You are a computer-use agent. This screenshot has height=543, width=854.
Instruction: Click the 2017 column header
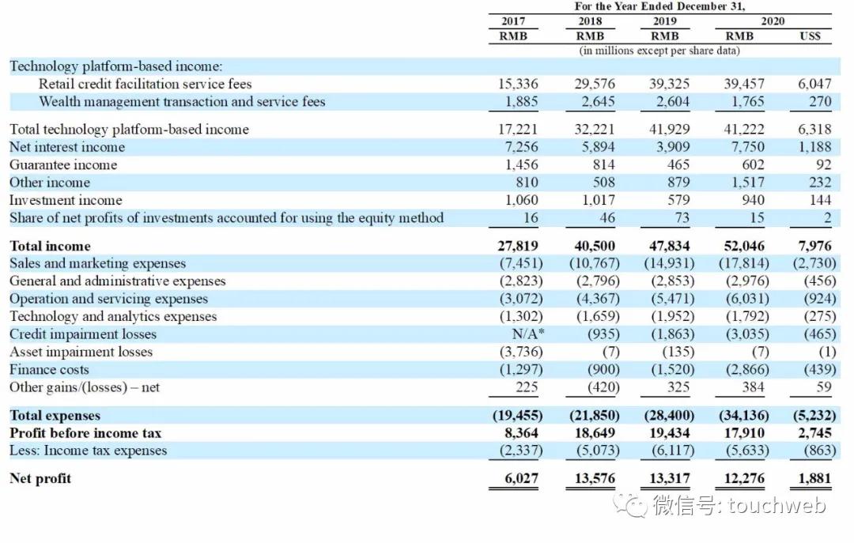pyautogui.click(x=513, y=21)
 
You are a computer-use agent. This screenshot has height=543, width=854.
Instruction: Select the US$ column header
pyautogui.click(x=810, y=36)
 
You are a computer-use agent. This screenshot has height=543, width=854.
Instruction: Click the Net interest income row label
pyautogui.click(x=67, y=147)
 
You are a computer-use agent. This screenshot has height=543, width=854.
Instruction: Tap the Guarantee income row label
pyautogui.click(x=63, y=164)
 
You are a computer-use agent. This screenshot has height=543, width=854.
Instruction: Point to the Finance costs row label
pyautogui.click(x=49, y=369)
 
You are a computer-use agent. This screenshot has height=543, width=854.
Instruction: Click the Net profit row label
pyautogui.click(x=40, y=477)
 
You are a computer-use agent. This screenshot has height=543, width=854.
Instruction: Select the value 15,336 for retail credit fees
pyautogui.click(x=513, y=84)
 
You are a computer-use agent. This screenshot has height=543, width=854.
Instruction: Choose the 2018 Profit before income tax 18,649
pyautogui.click(x=594, y=432)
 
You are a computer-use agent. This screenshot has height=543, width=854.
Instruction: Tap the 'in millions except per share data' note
pyautogui.click(x=659, y=51)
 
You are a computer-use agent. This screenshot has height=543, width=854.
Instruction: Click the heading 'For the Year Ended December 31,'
pyautogui.click(x=659, y=7)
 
